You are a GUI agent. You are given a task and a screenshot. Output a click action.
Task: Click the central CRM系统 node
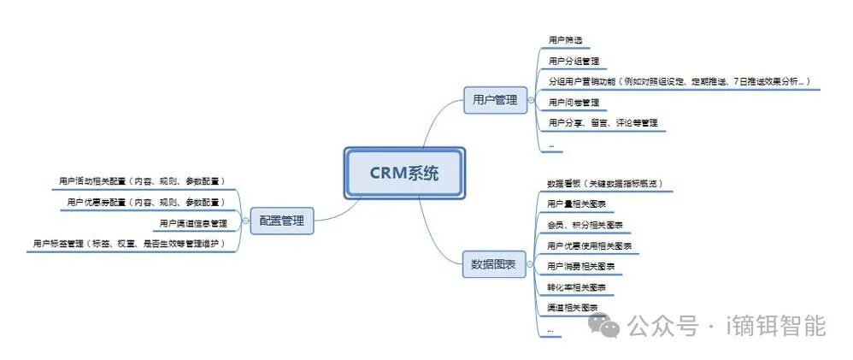click(x=404, y=174)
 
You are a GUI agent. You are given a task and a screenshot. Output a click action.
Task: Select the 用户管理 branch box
click(x=495, y=100)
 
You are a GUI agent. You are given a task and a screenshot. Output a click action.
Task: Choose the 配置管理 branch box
click(x=282, y=221)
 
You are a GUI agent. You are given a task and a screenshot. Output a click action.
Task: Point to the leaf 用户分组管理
click(x=574, y=61)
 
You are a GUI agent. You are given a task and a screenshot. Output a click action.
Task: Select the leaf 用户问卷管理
click(x=574, y=103)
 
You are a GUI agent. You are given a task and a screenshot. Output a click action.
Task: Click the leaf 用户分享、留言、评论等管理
click(x=603, y=123)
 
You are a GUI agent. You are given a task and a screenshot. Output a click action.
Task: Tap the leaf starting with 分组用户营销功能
click(x=679, y=81)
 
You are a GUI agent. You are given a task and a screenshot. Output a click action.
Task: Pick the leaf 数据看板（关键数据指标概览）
click(x=604, y=184)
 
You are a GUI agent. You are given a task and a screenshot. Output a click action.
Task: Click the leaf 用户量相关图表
click(x=576, y=204)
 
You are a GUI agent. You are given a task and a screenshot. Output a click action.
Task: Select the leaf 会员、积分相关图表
click(x=585, y=225)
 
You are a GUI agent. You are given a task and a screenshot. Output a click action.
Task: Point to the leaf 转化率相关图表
click(x=576, y=286)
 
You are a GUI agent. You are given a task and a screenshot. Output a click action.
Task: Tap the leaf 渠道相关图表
click(x=572, y=307)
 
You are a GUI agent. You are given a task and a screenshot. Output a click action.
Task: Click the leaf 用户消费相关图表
click(x=580, y=266)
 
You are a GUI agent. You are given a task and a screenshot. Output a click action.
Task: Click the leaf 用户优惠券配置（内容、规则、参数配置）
click(x=145, y=203)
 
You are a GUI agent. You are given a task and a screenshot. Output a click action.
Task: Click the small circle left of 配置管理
click(x=244, y=221)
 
